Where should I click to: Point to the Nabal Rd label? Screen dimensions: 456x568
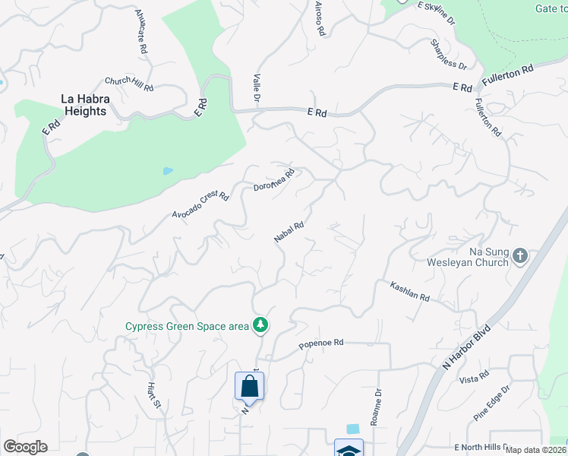[x=289, y=231]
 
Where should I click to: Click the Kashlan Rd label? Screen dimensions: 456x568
[x=410, y=292]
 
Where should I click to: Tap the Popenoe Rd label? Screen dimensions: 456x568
[x=321, y=343]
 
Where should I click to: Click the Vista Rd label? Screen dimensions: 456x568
[x=474, y=378]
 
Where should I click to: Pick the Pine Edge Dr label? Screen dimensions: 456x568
[x=492, y=404]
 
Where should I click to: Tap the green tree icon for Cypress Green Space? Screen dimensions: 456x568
[x=261, y=325]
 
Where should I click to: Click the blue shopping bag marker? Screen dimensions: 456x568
[x=249, y=387]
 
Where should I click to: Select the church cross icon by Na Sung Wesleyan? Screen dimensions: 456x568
[x=520, y=255]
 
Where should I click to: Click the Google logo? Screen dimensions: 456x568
[x=26, y=447]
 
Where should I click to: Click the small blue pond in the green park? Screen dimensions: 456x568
[x=167, y=171]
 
